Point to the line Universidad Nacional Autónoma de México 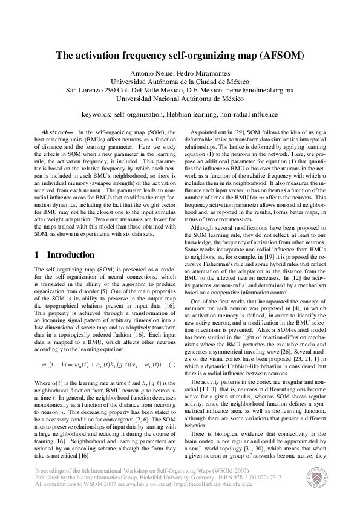[x=180, y=99]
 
